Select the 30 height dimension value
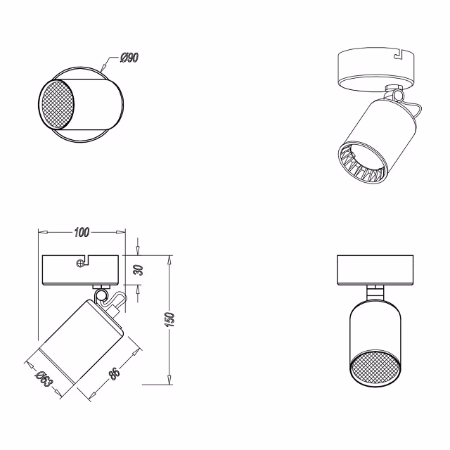click(139, 270)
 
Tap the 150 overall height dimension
click(178, 319)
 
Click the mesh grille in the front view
click(374, 368)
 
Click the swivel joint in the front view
click(374, 292)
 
